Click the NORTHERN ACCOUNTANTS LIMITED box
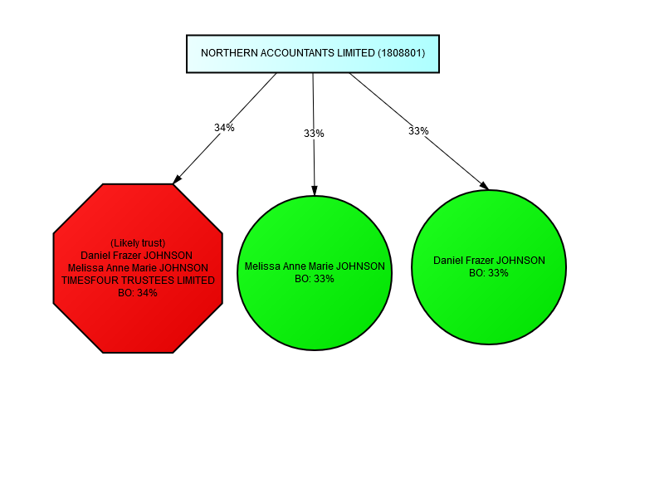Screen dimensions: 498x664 (312, 53)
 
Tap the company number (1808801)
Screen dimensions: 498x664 (401, 53)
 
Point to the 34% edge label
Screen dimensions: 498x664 (224, 128)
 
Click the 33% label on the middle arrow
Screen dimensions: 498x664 (314, 134)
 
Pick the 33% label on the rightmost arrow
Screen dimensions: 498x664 (418, 131)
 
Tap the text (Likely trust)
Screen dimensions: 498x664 (138, 242)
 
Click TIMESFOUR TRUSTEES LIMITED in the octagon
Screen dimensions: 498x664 (138, 281)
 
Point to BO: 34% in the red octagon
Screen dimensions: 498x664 (138, 293)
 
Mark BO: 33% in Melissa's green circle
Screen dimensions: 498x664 (315, 279)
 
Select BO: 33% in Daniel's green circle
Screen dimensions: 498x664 (489, 272)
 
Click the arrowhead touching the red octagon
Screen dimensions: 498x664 (177, 178)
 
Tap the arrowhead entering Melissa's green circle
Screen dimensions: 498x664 (315, 191)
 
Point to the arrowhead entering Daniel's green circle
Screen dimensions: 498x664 (484, 186)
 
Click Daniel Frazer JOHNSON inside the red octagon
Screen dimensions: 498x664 (138, 256)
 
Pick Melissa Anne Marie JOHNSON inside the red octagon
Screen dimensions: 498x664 (138, 268)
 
